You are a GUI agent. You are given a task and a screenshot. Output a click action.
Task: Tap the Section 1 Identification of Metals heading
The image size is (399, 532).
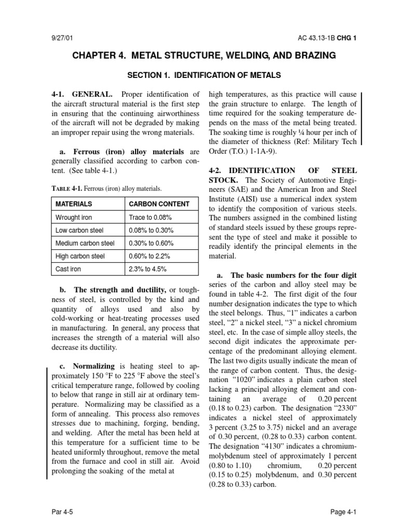(204, 75)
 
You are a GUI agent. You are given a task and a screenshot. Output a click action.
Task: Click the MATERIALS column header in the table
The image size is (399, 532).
(74, 204)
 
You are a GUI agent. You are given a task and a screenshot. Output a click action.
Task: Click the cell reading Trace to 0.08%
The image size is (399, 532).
(150, 217)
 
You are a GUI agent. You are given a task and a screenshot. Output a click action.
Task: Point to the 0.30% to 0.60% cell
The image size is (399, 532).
(151, 243)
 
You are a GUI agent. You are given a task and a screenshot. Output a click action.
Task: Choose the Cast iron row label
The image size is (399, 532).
(68, 269)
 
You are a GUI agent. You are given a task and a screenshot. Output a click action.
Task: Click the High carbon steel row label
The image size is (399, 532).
(80, 256)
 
